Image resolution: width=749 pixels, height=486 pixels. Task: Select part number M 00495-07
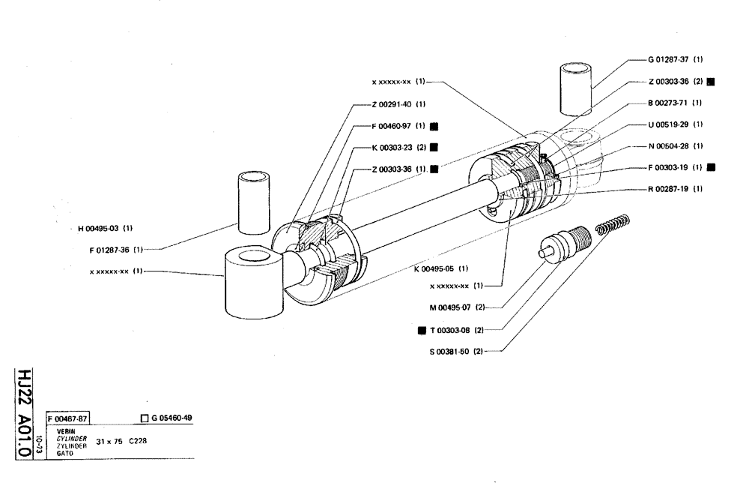[x=447, y=306]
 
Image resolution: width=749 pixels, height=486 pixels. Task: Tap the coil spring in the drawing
[x=613, y=225]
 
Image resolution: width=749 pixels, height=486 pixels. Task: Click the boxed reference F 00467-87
[x=67, y=419]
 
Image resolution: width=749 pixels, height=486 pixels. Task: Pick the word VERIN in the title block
[x=65, y=431]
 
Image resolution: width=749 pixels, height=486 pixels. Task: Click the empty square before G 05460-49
[x=144, y=419]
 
